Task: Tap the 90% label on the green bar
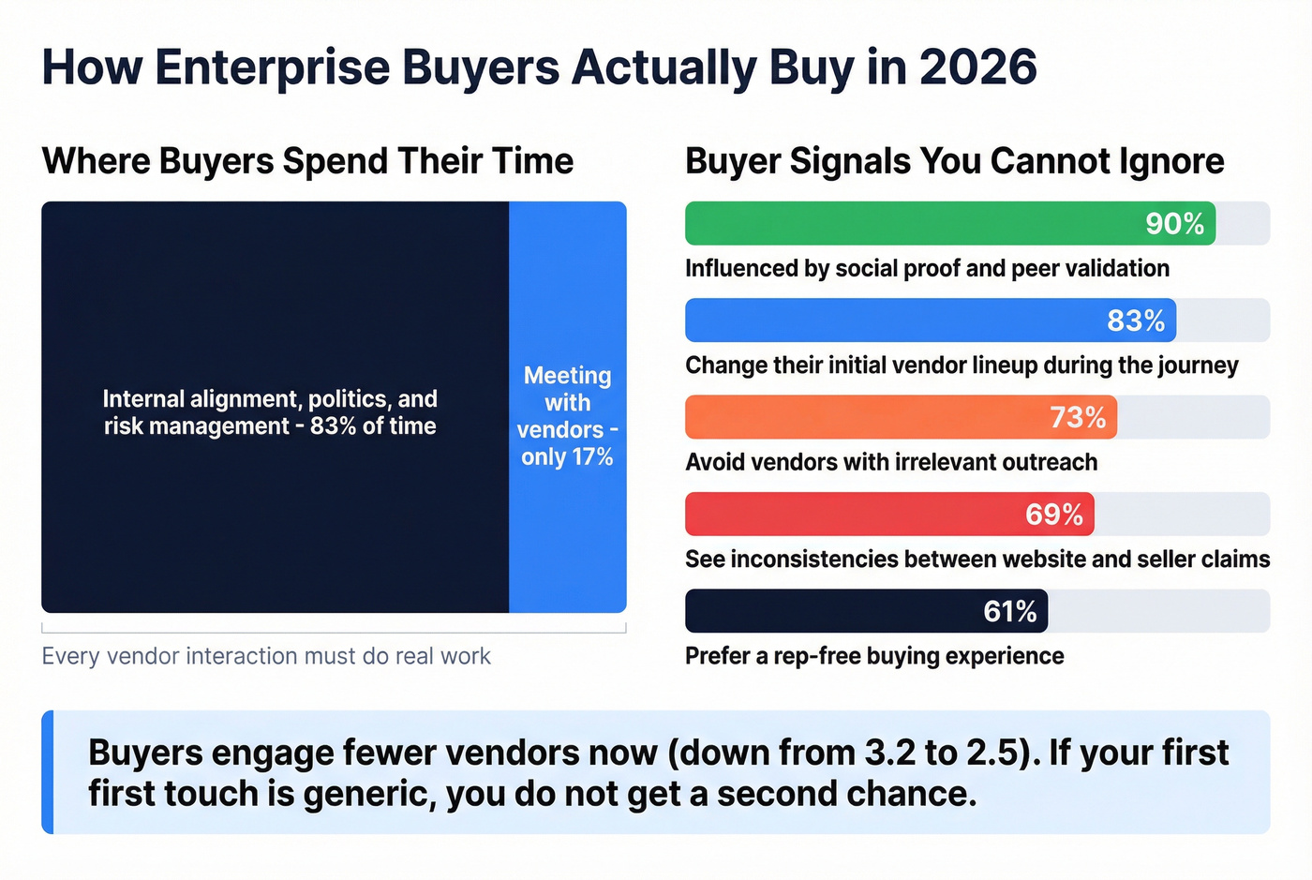pos(1174,224)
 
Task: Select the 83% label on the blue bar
pos(1135,321)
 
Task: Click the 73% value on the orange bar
pos(1077,417)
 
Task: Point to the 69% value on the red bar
pos(1053,515)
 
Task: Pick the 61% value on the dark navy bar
pos(1009,612)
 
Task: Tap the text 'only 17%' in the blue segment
pos(567,457)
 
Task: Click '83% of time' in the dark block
pos(373,426)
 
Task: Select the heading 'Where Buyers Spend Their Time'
pos(307,161)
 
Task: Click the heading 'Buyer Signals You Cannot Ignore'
pos(954,161)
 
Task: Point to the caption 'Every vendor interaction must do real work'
pos(266,656)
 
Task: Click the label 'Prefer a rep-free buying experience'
pos(873,656)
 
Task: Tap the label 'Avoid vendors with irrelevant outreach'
pos(890,462)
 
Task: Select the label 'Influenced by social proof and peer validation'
pos(926,269)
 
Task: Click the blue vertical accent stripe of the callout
pos(48,772)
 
